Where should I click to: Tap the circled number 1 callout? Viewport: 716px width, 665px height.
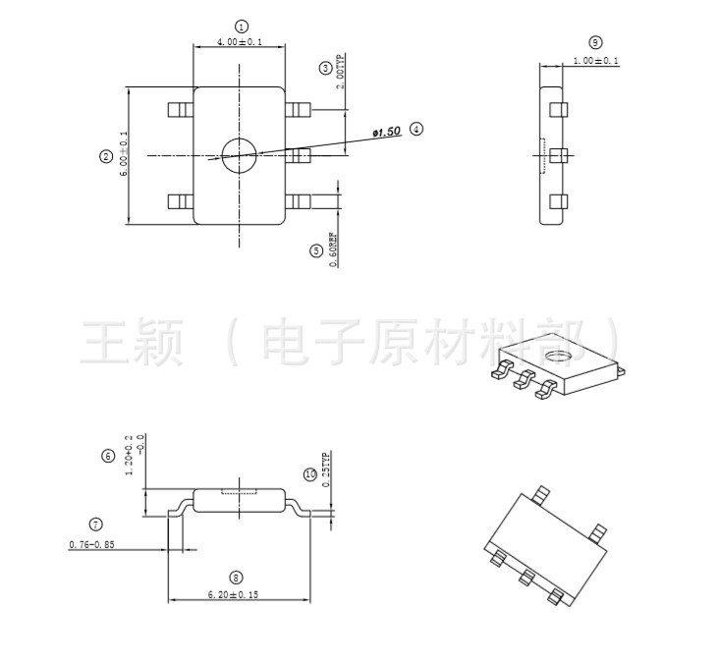coord(242,26)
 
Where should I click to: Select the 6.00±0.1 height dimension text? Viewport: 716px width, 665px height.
coord(124,154)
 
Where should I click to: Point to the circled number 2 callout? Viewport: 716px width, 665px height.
coord(106,156)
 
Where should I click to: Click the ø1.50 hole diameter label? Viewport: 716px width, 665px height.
coord(387,131)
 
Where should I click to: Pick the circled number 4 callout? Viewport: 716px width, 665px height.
coord(416,129)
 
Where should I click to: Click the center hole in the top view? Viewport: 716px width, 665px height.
coord(239,155)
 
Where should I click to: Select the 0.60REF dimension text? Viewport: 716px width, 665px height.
coord(333,249)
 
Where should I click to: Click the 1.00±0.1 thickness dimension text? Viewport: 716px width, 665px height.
coord(595,61)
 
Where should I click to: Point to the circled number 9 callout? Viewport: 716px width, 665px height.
coord(595,42)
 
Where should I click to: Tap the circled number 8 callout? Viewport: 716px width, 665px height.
coord(236,578)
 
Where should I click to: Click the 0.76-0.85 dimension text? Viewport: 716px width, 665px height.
coord(91,544)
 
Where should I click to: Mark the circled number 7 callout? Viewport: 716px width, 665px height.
coord(95,525)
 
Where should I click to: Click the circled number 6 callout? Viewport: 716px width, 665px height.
coord(108,456)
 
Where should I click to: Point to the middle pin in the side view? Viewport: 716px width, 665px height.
coord(558,155)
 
